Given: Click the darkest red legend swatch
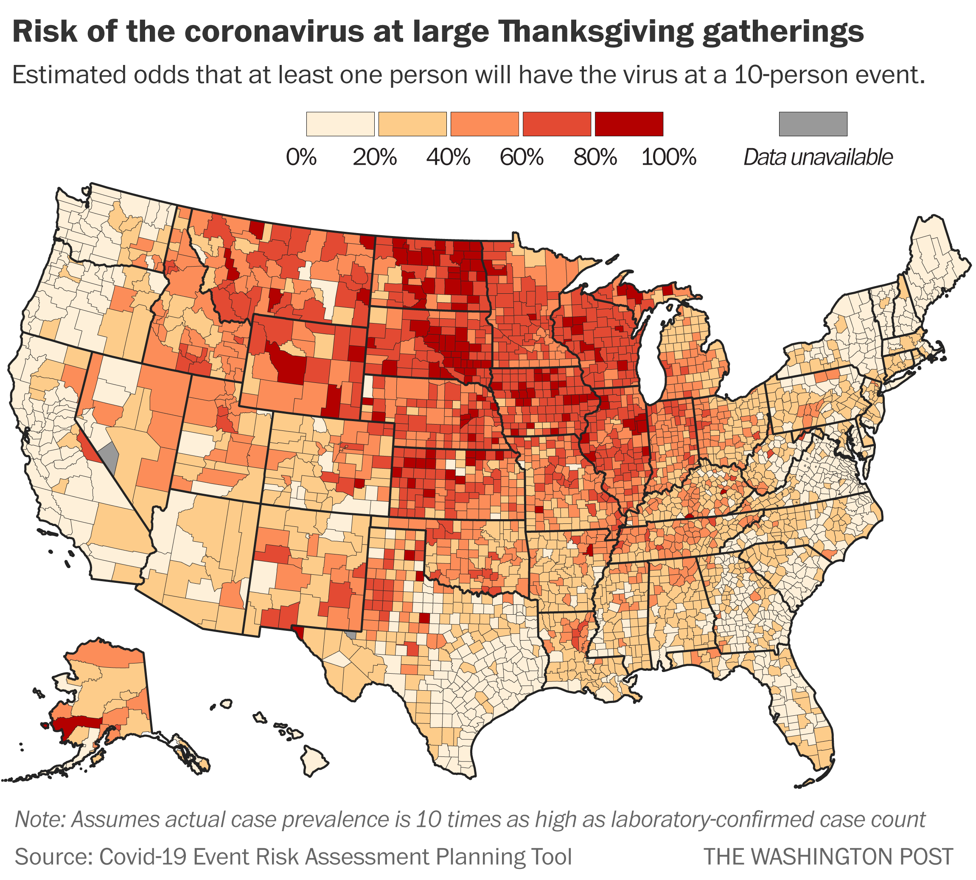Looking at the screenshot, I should [628, 124].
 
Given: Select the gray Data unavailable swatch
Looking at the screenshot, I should [813, 124].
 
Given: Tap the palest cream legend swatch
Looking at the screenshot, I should [340, 124].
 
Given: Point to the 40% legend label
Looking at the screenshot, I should [448, 157].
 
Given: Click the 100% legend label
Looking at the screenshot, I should [668, 157].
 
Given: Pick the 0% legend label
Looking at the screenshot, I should [301, 157].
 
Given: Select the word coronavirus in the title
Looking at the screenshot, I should [274, 32].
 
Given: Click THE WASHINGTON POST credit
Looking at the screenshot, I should [828, 856].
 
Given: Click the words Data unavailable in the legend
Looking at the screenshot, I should [817, 157].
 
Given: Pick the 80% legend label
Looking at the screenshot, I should [595, 157].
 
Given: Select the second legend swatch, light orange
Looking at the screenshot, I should [412, 124].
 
